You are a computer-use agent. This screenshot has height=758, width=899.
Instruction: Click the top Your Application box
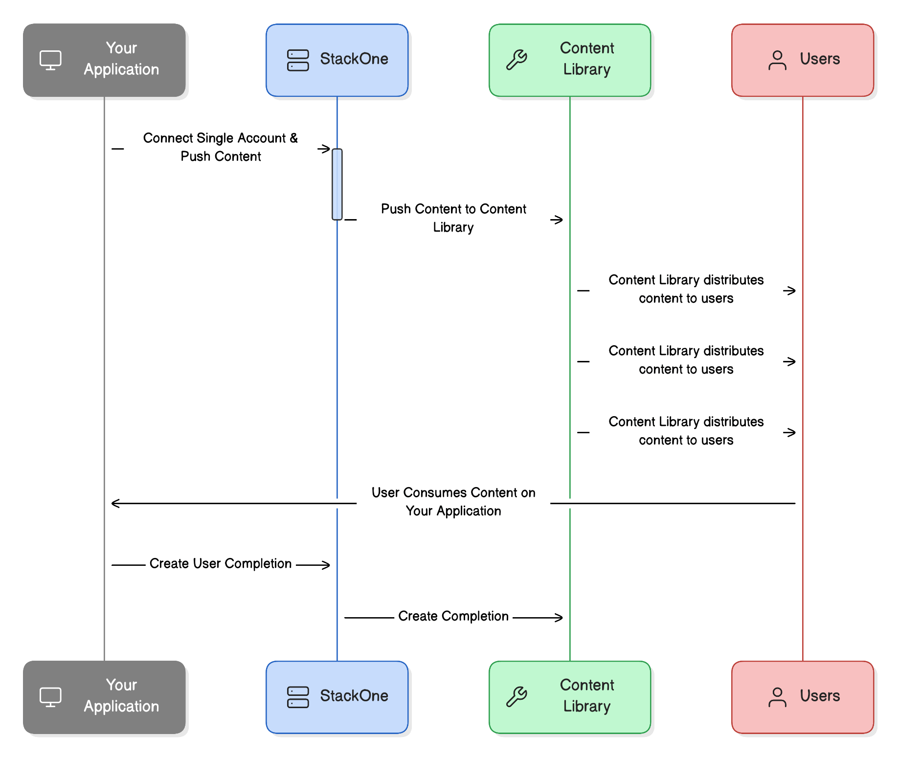point(104,60)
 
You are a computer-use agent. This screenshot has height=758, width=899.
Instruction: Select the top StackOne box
point(337,60)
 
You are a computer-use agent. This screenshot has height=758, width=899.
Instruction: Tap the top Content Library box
point(570,60)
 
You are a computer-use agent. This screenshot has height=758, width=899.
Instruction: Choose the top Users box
point(803,60)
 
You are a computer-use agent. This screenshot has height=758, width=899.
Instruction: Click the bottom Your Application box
point(104,697)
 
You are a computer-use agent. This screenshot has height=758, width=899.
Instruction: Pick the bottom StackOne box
point(337,697)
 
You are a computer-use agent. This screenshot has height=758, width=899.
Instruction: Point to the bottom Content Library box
point(570,697)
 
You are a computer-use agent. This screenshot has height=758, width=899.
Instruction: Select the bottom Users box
point(803,697)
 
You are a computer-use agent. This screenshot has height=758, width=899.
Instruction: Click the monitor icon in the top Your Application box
point(50,60)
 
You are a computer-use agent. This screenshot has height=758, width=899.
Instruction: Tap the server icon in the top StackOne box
point(298,60)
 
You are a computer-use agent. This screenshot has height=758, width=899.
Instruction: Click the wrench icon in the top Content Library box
point(517,60)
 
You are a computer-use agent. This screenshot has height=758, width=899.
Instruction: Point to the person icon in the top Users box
point(777,60)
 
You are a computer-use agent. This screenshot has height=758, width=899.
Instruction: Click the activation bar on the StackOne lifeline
point(337,184)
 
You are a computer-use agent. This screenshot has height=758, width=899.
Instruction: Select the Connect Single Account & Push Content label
point(221,147)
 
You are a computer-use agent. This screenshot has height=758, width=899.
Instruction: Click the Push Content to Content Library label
point(453,218)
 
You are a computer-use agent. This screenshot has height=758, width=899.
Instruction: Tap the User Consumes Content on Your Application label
point(453,502)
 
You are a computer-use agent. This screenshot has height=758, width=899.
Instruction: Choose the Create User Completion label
point(221,564)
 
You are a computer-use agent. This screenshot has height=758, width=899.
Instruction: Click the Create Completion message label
point(453,616)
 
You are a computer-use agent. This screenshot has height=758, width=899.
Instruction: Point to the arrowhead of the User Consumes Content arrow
point(115,503)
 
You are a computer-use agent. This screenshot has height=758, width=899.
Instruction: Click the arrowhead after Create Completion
point(559,618)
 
